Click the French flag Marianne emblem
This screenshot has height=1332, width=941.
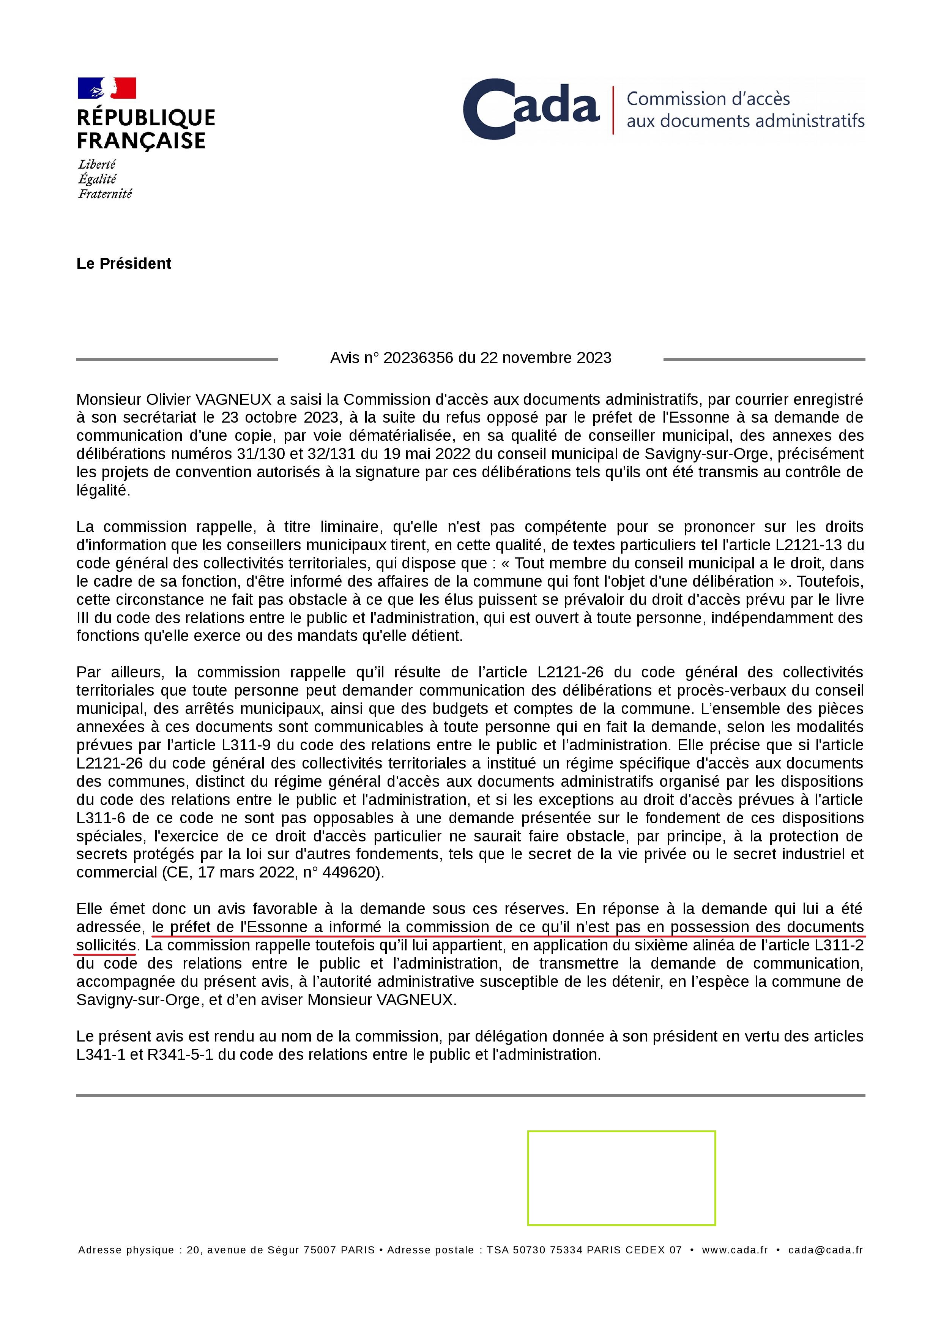coord(107,88)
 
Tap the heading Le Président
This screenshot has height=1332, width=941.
coord(123,264)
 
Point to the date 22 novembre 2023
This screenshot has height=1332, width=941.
coord(545,358)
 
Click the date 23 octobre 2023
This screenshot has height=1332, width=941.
coord(280,418)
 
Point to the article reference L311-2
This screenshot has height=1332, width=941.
coord(839,945)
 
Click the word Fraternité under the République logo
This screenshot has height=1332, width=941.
coord(105,194)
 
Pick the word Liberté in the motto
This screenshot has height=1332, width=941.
coord(97,165)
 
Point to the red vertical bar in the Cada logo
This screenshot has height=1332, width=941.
coord(613,110)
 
